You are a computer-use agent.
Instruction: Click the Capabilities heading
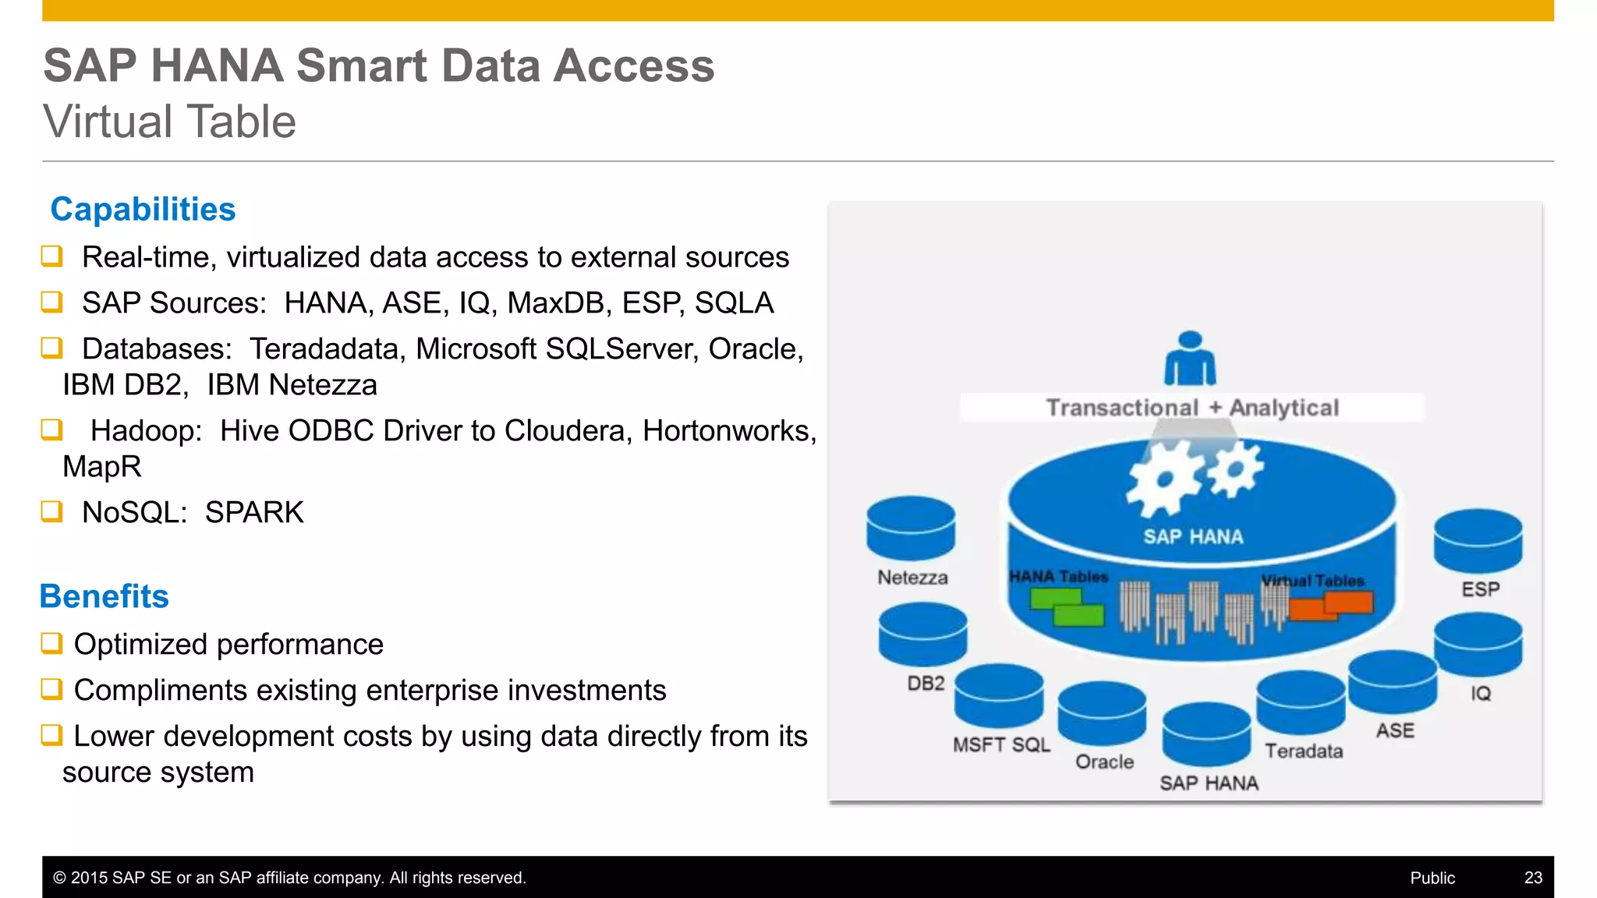143,210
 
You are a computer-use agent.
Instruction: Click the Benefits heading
104,596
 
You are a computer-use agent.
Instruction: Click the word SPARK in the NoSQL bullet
254,513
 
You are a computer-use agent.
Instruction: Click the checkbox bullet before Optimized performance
51,644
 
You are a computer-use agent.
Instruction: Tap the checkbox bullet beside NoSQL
51,512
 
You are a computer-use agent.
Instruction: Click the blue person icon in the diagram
1189,359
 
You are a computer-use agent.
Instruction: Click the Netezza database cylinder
911,529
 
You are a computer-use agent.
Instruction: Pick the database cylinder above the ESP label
1478,541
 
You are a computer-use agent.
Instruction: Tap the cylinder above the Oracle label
1102,712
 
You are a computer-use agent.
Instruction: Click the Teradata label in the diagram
1304,751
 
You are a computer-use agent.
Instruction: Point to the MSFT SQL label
1001,745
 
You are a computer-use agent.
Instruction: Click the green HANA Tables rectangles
1068,607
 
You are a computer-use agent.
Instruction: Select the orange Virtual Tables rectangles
1331,605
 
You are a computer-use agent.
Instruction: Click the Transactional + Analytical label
1192,408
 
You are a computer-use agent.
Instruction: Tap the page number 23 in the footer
1532,878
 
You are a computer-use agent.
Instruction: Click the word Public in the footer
1432,878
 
